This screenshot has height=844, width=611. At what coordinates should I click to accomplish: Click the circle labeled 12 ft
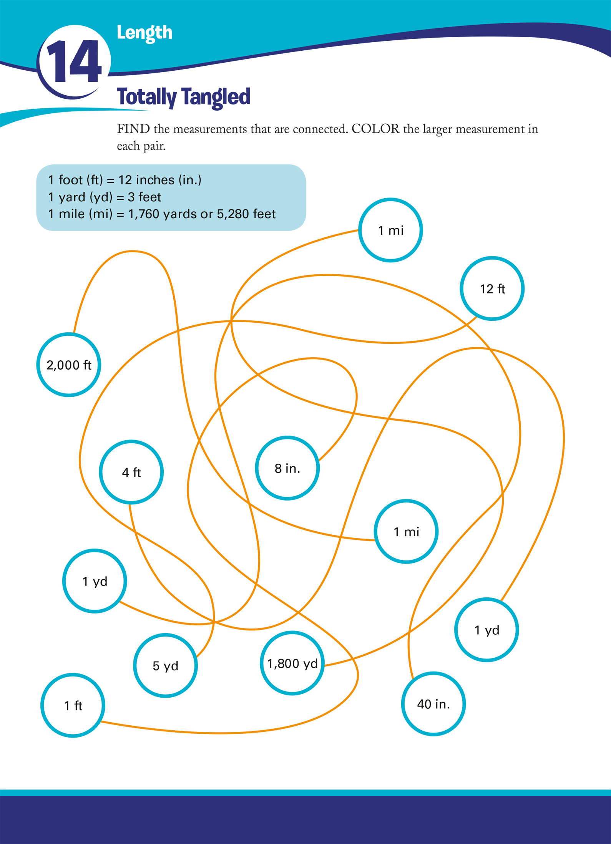tap(492, 289)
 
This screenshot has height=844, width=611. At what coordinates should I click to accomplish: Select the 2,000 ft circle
tap(69, 365)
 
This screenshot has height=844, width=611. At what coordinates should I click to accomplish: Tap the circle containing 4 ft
tap(131, 472)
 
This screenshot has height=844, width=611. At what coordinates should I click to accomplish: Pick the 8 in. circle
tap(287, 468)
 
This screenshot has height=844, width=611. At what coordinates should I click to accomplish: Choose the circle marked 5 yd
tap(165, 666)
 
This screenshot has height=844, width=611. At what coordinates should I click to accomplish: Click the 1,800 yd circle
tap(292, 663)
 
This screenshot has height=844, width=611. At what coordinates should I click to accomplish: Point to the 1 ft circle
tap(73, 705)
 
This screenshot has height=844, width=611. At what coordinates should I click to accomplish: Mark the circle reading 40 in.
tap(433, 704)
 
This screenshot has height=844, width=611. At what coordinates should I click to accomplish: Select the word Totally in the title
tap(146, 97)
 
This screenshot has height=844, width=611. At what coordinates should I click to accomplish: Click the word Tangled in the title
tap(216, 97)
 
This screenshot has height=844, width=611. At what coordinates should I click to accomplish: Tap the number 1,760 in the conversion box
tap(144, 214)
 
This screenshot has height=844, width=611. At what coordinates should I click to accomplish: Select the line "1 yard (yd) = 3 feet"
tap(105, 197)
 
